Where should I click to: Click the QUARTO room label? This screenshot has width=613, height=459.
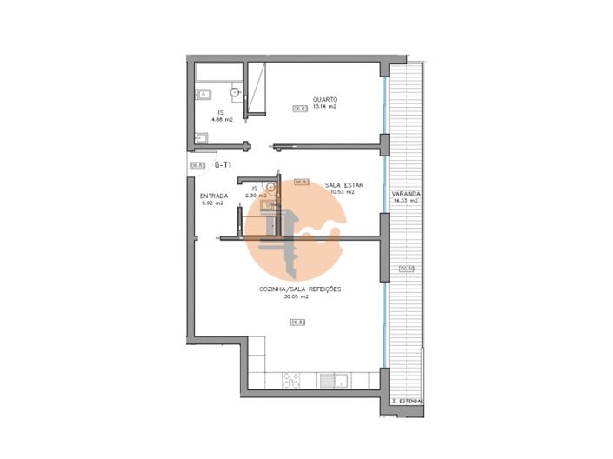(326, 99)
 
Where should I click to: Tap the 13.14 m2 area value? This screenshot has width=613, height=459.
(324, 107)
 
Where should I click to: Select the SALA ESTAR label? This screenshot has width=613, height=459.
(340, 185)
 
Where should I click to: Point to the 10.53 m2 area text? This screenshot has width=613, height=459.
(339, 193)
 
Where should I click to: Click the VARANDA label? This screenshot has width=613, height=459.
(406, 194)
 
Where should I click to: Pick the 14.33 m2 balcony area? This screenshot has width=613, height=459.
(406, 201)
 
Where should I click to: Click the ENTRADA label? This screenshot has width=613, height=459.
(214, 196)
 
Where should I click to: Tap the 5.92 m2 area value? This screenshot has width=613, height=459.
(213, 203)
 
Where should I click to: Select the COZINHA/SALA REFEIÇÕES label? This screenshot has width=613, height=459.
(300, 289)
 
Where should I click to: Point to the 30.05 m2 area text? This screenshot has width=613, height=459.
(297, 296)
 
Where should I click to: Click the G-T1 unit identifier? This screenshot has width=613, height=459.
(223, 164)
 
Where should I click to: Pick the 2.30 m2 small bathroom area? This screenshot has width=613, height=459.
(257, 196)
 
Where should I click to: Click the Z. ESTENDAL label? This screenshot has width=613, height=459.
(407, 401)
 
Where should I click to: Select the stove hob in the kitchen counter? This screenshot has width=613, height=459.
(291, 380)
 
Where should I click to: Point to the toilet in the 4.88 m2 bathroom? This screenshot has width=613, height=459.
(235, 91)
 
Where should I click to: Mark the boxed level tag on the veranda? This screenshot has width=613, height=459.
(406, 269)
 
